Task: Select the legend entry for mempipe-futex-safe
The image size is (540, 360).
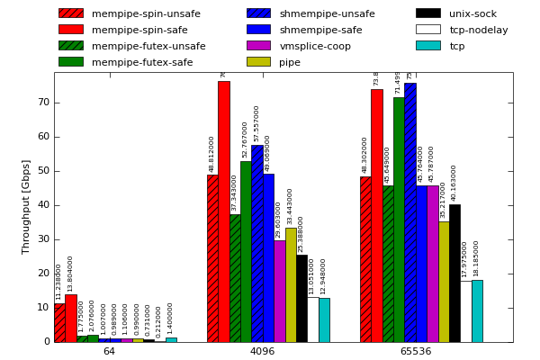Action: point(141,62)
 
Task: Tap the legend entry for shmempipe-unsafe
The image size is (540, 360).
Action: point(327,13)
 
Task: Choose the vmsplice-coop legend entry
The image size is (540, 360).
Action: point(315,46)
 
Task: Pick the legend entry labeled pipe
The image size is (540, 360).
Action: point(290,62)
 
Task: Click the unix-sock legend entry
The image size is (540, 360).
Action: point(472,13)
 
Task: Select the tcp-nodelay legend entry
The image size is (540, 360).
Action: point(478,30)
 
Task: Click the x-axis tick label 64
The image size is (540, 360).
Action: point(109,351)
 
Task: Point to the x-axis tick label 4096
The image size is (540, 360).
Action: point(262,351)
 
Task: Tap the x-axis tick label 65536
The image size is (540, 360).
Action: point(415,351)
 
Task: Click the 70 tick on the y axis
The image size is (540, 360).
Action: point(43,103)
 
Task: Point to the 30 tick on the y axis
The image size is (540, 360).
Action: point(43,239)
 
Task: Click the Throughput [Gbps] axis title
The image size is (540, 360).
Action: point(26,206)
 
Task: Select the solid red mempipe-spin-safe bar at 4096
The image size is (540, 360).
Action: point(223,211)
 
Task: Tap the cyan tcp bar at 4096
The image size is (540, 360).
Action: point(324,319)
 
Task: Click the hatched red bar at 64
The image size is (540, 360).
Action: point(59,322)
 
